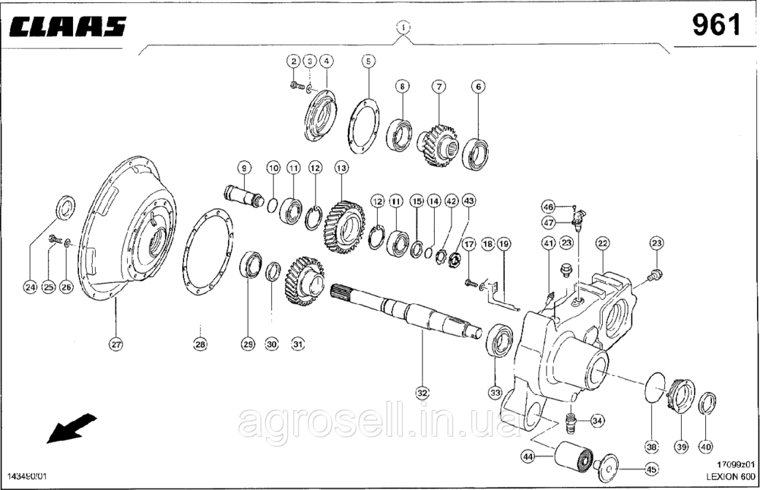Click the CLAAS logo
pyautogui.click(x=68, y=30)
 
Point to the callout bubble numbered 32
pyautogui.click(x=423, y=393)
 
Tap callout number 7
pyautogui.click(x=439, y=87)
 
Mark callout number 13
pyautogui.click(x=341, y=167)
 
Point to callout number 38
pyautogui.click(x=652, y=447)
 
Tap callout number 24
pyautogui.click(x=30, y=287)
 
